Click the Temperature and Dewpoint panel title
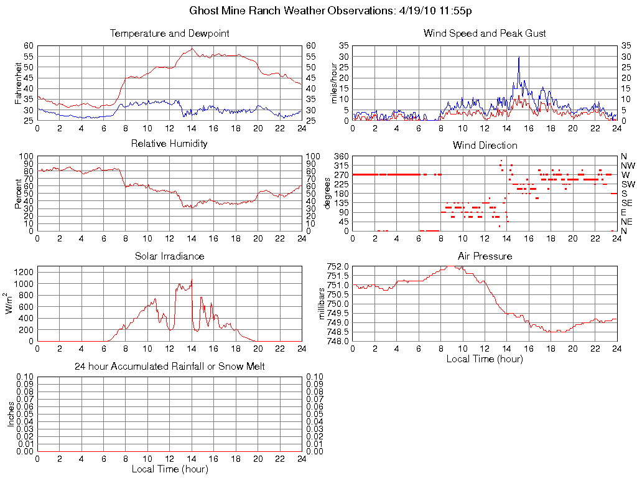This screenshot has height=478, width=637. tap(169, 34)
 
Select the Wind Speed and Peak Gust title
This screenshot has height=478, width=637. tap(484, 34)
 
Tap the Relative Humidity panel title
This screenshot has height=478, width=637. tap(169, 144)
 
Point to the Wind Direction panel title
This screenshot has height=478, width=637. tap(484, 146)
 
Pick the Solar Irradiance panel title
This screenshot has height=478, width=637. tap(169, 256)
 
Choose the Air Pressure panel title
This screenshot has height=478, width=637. tap(485, 256)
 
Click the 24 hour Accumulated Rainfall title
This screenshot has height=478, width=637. tap(169, 367)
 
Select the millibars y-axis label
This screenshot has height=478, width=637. tap(322, 304)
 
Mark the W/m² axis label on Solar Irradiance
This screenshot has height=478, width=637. tap(11, 304)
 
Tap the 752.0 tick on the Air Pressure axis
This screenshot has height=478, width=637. tap(338, 266)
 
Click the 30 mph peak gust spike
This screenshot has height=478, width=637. tap(519, 58)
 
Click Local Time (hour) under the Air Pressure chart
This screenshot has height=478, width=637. tap(485, 359)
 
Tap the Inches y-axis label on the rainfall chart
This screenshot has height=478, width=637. tap(11, 414)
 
